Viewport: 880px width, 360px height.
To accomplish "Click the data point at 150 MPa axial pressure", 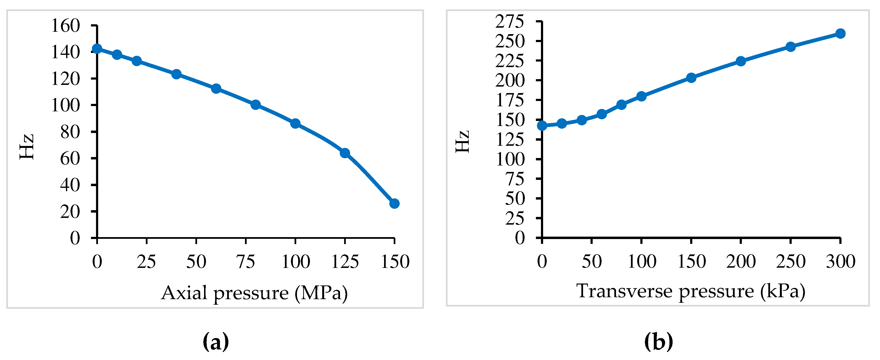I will [394, 204].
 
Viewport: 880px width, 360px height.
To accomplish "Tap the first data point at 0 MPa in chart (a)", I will [97, 49].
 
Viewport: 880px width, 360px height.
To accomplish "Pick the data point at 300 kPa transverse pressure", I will [840, 33].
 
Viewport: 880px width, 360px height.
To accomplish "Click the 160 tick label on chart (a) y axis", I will [65, 26].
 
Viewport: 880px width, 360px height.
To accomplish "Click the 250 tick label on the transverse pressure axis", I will [790, 262].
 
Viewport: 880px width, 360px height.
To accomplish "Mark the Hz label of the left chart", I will [27, 147].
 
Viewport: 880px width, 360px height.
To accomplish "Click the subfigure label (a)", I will [216, 341].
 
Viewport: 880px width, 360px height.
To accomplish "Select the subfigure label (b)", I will [658, 341].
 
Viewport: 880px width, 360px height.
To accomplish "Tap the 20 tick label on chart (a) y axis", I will [70, 212].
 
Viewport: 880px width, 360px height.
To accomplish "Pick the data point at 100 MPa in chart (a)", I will [295, 124].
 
